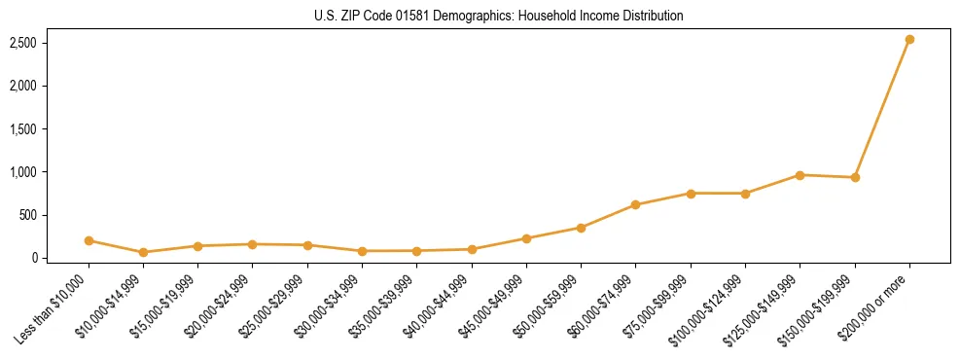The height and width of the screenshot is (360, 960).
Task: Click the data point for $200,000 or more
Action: [x=909, y=40]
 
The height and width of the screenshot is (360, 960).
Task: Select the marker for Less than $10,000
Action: [x=89, y=240]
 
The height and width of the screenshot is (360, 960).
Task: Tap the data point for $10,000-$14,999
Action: [x=143, y=252]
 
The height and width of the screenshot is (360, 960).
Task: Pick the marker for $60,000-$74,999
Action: [x=635, y=204]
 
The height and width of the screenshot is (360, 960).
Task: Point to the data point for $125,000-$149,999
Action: [x=800, y=175]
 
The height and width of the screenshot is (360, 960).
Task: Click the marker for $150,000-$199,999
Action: [x=855, y=177]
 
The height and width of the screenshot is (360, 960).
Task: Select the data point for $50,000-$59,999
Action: [x=581, y=228]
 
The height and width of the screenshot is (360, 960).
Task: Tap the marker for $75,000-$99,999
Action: [x=691, y=194]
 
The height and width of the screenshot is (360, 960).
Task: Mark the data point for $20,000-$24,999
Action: [x=252, y=244]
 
